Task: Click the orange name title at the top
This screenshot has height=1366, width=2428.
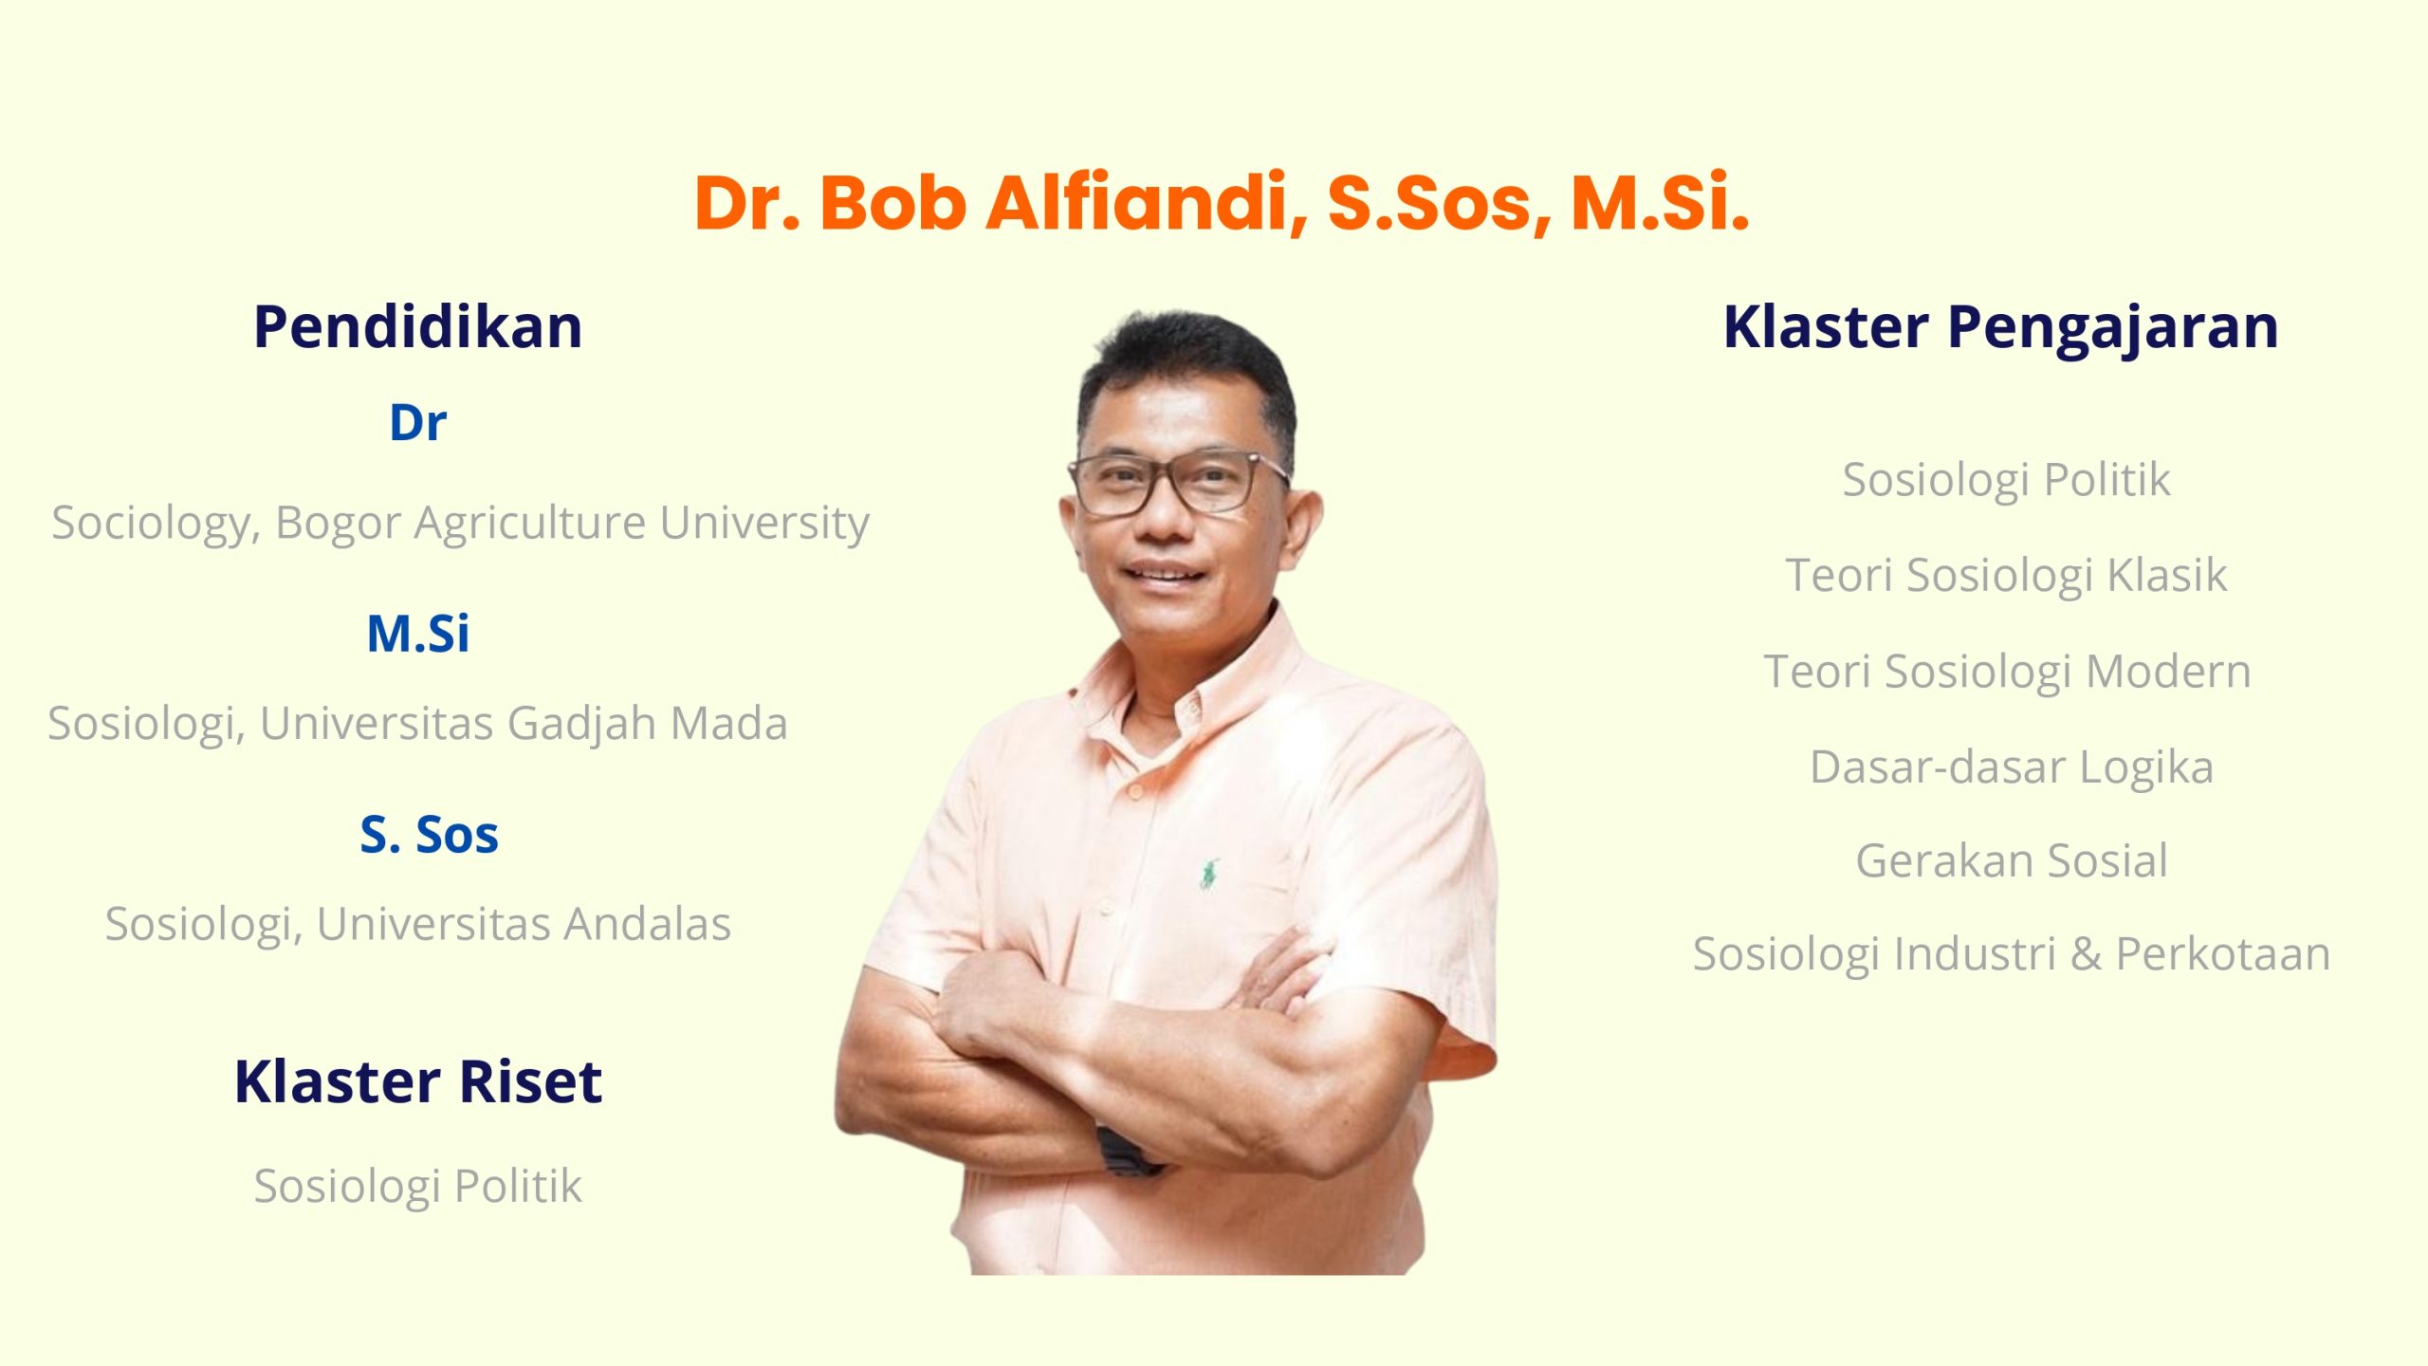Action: tap(1222, 203)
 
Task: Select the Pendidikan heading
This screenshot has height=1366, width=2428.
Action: tap(417, 327)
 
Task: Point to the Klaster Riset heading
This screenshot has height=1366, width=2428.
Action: tap(417, 1081)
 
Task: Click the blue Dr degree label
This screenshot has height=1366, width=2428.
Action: tap(417, 423)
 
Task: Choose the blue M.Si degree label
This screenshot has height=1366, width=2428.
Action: tap(417, 634)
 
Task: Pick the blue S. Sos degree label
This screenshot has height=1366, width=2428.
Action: tap(429, 835)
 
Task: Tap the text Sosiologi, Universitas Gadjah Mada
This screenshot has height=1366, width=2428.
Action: tap(417, 725)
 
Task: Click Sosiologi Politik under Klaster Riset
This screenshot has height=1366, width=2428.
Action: tap(417, 1187)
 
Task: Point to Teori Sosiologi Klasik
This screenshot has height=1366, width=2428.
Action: tap(2006, 576)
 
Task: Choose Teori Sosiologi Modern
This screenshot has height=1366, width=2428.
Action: tap(2007, 673)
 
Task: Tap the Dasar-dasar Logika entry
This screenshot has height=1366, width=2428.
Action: tap(2012, 767)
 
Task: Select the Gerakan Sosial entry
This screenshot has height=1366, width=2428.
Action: tap(2012, 861)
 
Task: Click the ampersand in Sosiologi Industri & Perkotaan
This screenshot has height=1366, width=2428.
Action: tap(2086, 954)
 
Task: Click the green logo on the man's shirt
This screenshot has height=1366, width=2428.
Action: tap(1207, 873)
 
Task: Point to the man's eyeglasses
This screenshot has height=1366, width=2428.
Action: tap(1179, 482)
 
